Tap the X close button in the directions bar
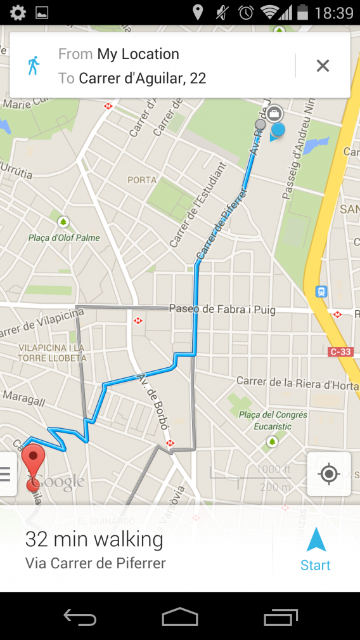pos(323,65)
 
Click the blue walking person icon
pos(34,65)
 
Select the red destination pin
pos(33,461)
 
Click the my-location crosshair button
pos(328,474)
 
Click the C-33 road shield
pos(341,351)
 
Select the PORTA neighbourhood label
pos(142,180)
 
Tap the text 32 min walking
pos(94,540)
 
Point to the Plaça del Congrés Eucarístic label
pos(273,420)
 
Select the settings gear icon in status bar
pos(17,12)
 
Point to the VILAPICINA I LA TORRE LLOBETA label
pos(43,353)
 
